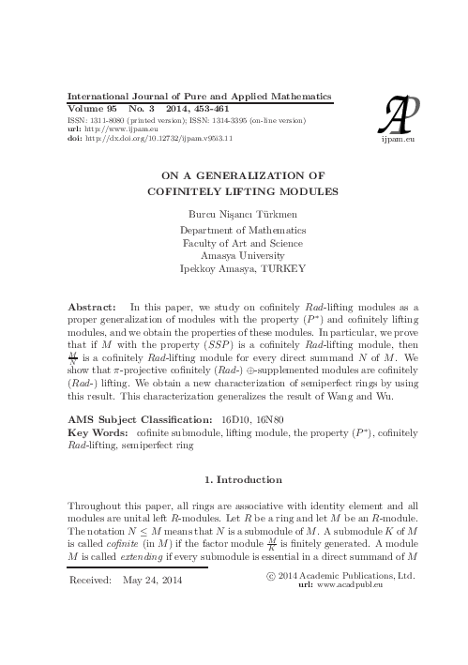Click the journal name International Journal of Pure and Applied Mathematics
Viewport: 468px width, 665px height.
click(x=200, y=98)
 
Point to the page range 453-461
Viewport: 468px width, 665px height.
click(x=217, y=109)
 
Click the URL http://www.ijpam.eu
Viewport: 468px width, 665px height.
click(x=121, y=128)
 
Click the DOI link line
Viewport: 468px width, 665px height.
click(x=150, y=138)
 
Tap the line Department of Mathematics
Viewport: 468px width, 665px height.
click(x=242, y=229)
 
